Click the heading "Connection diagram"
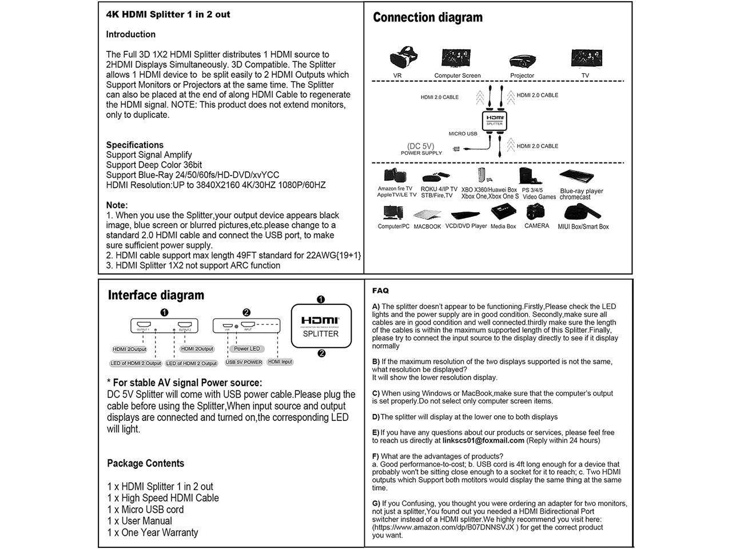(x=427, y=18)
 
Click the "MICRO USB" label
(x=463, y=134)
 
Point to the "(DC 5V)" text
(x=420, y=146)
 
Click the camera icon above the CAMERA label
(x=536, y=212)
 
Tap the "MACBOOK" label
(x=427, y=226)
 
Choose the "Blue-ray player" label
(x=582, y=191)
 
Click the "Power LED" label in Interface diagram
(x=247, y=348)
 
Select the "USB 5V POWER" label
(x=244, y=362)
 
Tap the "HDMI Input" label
(x=280, y=361)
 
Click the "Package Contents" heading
(x=145, y=463)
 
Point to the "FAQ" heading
(x=380, y=291)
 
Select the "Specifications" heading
(x=134, y=145)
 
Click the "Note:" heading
(x=117, y=205)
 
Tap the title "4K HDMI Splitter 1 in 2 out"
(x=168, y=14)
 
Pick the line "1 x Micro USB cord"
(x=145, y=510)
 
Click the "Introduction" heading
(x=130, y=34)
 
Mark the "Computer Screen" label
(x=457, y=75)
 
